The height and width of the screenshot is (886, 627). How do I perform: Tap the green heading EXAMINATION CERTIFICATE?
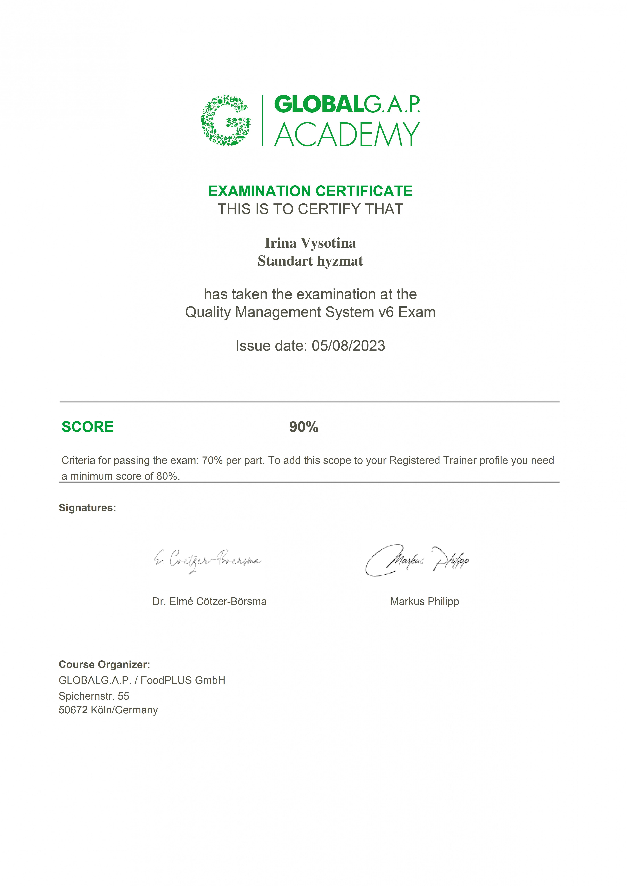pos(310,191)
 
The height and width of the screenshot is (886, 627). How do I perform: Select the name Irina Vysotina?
pos(310,243)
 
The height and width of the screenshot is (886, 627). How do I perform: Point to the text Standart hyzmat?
pos(310,261)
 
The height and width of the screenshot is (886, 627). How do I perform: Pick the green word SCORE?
pos(88,427)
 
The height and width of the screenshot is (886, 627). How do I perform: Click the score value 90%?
pos(304,427)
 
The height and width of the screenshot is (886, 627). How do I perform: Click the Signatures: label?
pos(87,508)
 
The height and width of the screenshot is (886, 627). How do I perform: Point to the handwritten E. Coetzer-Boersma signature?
pos(207,561)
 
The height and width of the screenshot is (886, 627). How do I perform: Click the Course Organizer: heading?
pos(104,664)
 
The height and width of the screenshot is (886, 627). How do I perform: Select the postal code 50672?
pos(73,710)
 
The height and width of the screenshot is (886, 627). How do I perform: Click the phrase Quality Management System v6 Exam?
pos(310,312)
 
